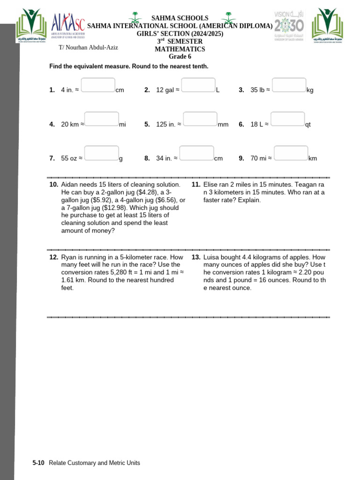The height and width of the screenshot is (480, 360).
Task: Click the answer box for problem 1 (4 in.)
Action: click(x=98, y=85)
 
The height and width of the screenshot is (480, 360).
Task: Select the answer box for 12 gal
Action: click(x=198, y=85)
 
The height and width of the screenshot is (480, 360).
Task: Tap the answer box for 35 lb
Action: click(x=289, y=85)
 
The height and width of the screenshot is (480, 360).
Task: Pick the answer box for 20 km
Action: click(x=102, y=119)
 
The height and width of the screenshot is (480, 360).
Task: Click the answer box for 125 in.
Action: click(x=200, y=119)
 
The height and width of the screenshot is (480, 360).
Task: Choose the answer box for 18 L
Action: click(x=288, y=119)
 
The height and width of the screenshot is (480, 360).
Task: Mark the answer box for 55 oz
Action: click(x=102, y=153)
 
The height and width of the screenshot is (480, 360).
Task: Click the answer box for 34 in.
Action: click(x=197, y=153)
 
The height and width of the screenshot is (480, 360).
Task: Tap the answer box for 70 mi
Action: click(x=291, y=153)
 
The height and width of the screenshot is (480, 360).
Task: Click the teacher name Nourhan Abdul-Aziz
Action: click(x=89, y=47)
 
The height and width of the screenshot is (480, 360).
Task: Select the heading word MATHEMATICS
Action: click(x=180, y=49)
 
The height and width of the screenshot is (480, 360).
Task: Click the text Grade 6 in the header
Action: click(x=180, y=56)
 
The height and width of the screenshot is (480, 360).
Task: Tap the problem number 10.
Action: click(x=53, y=185)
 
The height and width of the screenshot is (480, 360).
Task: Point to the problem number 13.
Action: click(x=196, y=257)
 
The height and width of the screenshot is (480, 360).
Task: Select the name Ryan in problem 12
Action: click(x=69, y=257)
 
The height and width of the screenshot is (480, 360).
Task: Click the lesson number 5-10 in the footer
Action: click(x=38, y=463)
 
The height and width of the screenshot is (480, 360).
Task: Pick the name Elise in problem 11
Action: click(x=211, y=185)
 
